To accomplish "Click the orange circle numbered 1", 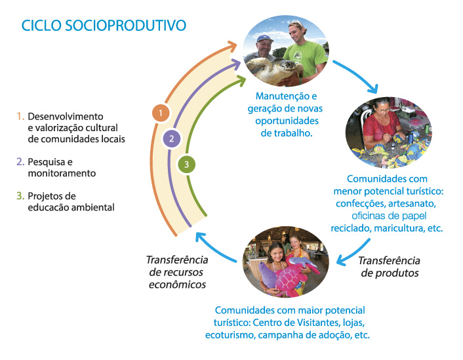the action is [x=161, y=113].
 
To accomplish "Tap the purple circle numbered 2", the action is [x=172, y=138].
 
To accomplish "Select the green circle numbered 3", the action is [x=186, y=165].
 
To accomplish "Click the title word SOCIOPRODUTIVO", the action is [x=125, y=26].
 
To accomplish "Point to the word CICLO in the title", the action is [x=41, y=26].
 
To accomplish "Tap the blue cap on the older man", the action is [x=264, y=39].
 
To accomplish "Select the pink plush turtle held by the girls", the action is [x=291, y=279].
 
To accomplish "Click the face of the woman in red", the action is [x=383, y=110].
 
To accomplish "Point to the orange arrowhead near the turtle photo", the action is [x=232, y=46].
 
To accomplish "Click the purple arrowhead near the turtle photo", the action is [x=236, y=64].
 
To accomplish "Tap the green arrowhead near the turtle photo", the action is [x=241, y=80].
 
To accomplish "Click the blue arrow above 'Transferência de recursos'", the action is [x=215, y=247].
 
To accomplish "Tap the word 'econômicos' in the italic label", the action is [x=177, y=285].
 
